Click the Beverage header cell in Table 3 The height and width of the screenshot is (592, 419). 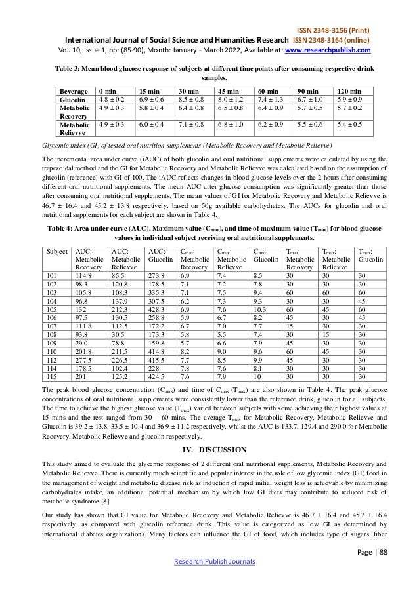[x=74, y=90]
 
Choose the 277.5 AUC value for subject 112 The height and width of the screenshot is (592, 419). [x=83, y=360]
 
